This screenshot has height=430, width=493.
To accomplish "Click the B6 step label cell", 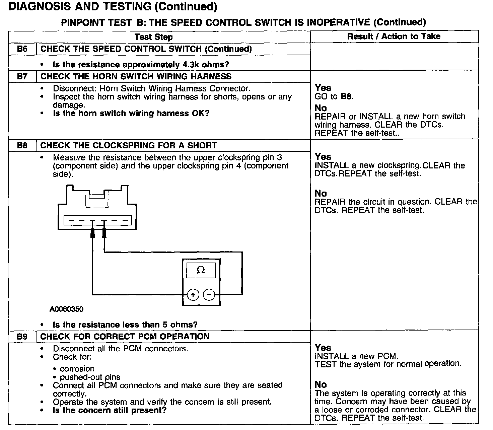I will (x=22, y=49).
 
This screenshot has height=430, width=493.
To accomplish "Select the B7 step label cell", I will (x=22, y=76).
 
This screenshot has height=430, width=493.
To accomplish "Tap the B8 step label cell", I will (x=22, y=146).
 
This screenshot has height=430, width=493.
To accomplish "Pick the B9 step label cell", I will (x=22, y=337).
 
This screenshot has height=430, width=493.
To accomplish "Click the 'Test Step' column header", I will (x=153, y=37).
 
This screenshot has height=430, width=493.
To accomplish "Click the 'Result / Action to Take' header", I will (x=394, y=37).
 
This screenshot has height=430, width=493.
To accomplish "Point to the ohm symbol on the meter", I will (x=201, y=270).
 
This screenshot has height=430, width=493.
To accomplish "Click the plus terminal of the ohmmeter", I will (x=193, y=294).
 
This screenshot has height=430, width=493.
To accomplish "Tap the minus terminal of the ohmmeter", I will (x=209, y=294).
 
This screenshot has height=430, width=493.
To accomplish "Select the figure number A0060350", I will (x=66, y=309).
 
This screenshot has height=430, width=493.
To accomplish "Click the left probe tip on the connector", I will (x=92, y=233).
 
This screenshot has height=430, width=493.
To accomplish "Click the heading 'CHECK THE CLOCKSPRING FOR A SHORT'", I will (x=129, y=146).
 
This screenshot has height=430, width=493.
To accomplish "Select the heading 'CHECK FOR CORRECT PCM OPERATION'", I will (x=125, y=337).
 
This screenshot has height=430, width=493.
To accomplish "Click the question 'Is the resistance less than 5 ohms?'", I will (x=125, y=325).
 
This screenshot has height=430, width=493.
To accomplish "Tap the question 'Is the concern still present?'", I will (x=110, y=410).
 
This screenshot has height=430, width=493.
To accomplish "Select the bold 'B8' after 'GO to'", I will (x=346, y=96).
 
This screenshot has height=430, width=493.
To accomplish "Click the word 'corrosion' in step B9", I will (x=77, y=369).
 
